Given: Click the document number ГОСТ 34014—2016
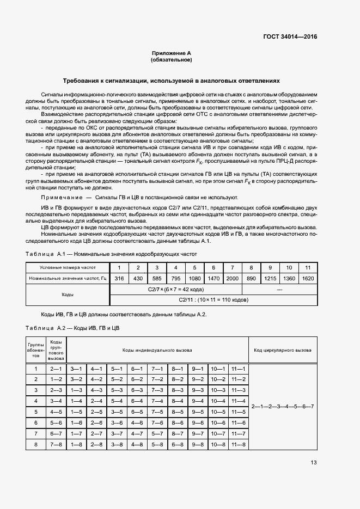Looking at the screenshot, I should click(290, 36).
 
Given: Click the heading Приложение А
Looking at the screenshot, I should click(171, 53).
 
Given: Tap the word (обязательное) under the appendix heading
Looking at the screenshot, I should click(171, 60).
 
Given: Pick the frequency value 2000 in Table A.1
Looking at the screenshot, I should click(232, 278).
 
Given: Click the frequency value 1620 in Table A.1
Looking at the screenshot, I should click(308, 278).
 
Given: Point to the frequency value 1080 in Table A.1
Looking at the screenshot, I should click(194, 278).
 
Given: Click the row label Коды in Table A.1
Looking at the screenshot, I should click(68, 295).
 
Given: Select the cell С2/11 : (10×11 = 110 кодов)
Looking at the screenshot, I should click(213, 300).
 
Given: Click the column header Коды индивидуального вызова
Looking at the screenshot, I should click(157, 350).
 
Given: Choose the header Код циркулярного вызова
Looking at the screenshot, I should click(282, 350).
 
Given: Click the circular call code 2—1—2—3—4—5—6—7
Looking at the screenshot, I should click(282, 407).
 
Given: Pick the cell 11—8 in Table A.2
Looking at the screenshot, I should click(238, 444).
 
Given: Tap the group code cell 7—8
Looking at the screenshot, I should click(56, 444).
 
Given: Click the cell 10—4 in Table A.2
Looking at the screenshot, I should click(218, 401).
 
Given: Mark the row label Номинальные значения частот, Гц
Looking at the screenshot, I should click(68, 278).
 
